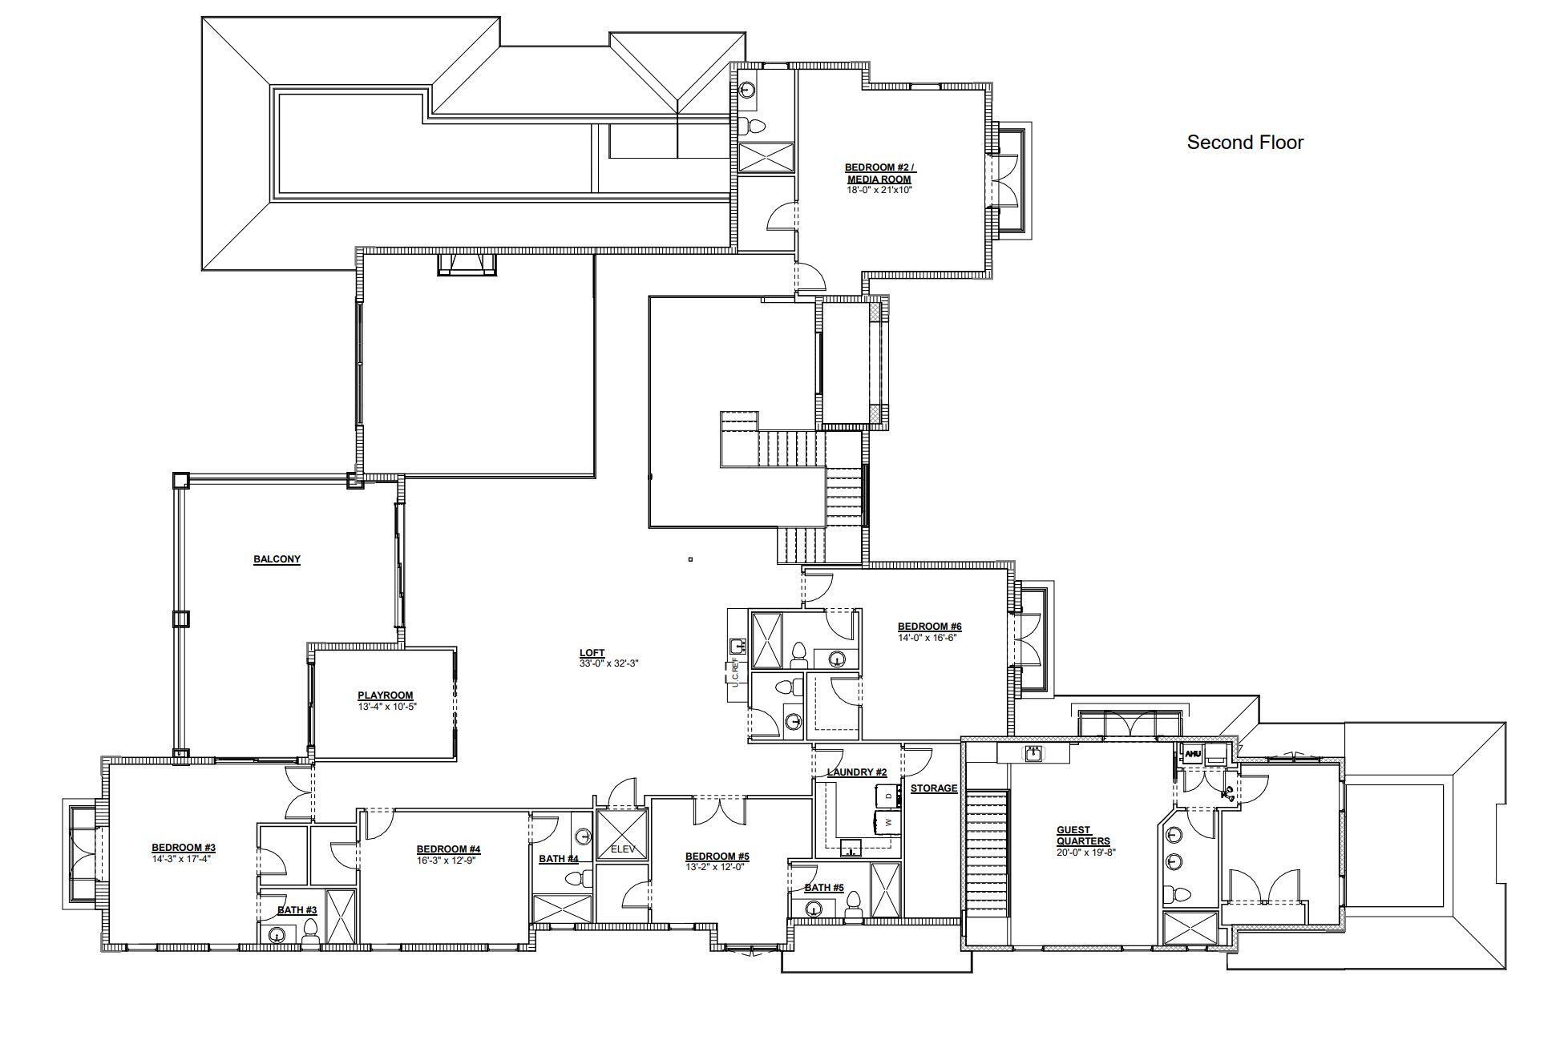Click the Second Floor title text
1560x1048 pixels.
(1245, 143)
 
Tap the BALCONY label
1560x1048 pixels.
(277, 559)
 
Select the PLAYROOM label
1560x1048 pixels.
(386, 695)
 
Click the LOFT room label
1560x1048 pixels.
(592, 653)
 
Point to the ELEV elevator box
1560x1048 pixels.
(622, 836)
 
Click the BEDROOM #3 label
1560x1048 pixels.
(184, 848)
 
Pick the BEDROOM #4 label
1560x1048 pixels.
(448, 849)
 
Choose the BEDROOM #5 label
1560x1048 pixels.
(717, 857)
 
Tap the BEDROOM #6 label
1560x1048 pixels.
(929, 627)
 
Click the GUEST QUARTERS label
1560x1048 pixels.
(1083, 836)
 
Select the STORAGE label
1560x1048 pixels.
(934, 788)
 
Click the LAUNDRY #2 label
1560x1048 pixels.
(857, 772)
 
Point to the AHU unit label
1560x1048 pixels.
(1193, 754)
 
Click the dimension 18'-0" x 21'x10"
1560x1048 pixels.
(879, 190)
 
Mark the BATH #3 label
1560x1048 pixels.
(297, 910)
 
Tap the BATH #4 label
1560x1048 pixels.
(559, 859)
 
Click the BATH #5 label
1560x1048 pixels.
(824, 888)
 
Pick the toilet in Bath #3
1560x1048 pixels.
(310, 930)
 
